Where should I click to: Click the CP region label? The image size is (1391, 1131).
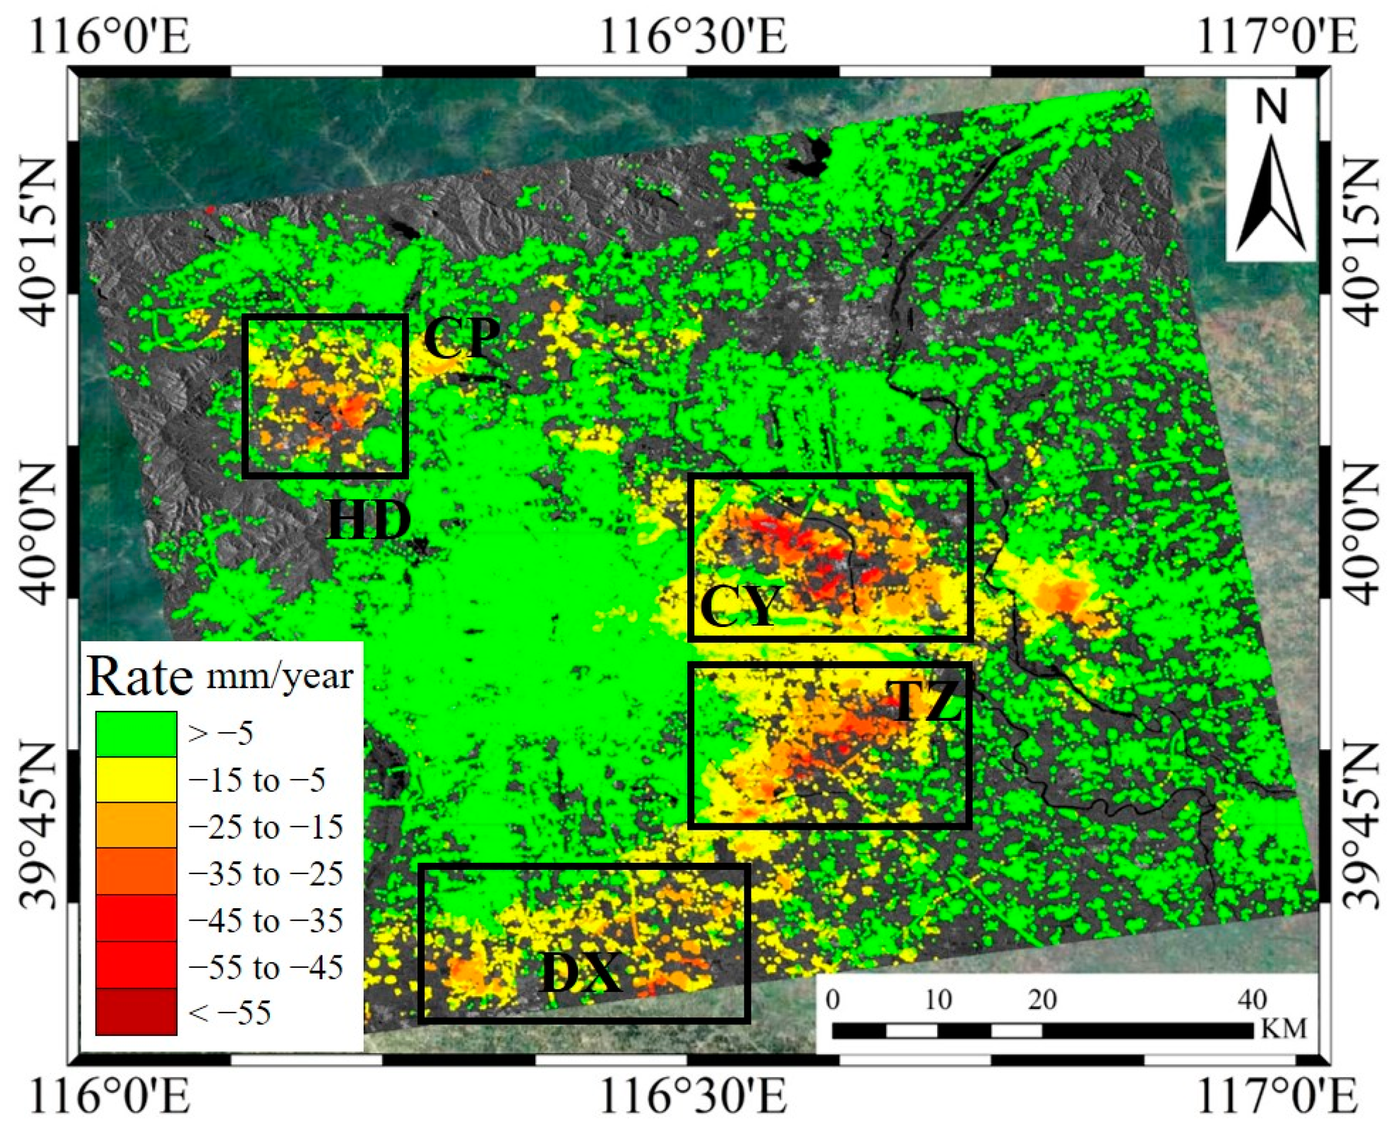pyautogui.click(x=462, y=338)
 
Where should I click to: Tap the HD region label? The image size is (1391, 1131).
pyautogui.click(x=369, y=520)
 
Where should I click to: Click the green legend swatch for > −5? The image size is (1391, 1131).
pyautogui.click(x=136, y=734)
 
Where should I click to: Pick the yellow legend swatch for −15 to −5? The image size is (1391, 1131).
pyautogui.click(x=136, y=780)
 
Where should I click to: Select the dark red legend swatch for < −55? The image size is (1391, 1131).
pyautogui.click(x=136, y=1012)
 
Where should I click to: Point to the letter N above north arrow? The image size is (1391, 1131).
pyautogui.click(x=1271, y=107)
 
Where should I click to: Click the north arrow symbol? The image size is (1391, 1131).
pyautogui.click(x=1271, y=196)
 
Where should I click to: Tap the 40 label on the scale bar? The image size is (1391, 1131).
pyautogui.click(x=1251, y=1000)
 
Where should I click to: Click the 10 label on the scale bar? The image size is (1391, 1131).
pyautogui.click(x=938, y=1000)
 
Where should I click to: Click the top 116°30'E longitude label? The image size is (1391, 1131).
pyautogui.click(x=693, y=36)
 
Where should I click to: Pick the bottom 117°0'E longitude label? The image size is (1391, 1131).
pyautogui.click(x=1277, y=1095)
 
